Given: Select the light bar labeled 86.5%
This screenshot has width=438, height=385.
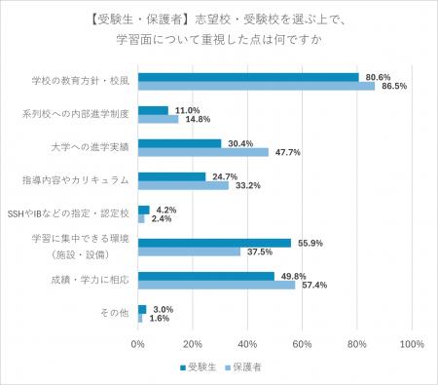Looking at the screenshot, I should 256,86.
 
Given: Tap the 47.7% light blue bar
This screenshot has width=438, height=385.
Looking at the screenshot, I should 203,152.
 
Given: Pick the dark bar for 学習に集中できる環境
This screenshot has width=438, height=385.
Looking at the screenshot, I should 214,243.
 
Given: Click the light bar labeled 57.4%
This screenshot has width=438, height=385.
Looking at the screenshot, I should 216,285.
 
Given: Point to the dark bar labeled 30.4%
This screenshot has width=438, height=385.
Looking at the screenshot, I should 179,143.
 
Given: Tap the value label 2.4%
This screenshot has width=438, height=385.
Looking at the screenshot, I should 162,219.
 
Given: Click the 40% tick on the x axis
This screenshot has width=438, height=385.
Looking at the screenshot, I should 247,343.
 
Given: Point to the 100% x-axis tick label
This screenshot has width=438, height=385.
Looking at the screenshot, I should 411,343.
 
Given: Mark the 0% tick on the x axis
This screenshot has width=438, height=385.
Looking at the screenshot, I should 138,343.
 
